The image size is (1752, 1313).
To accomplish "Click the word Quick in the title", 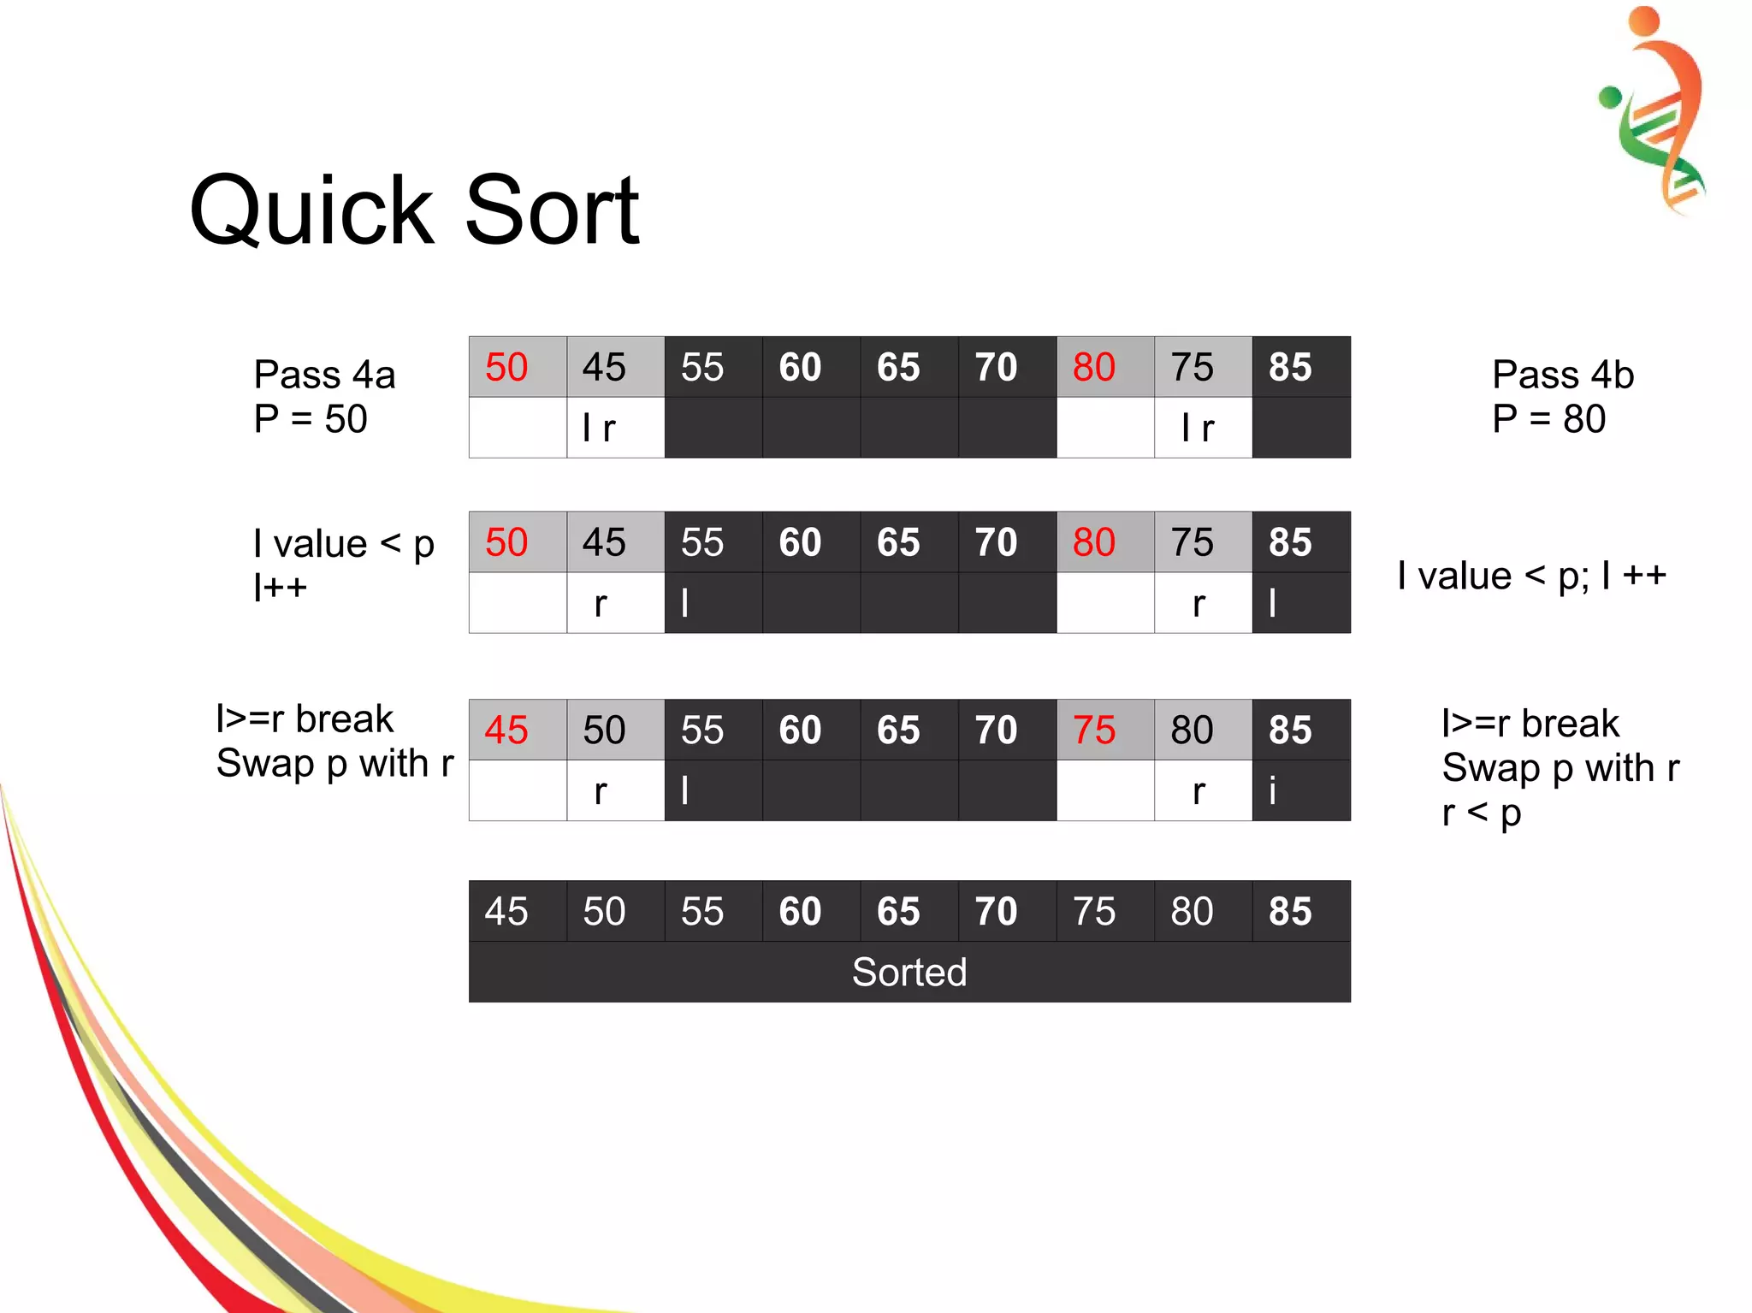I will click(311, 211).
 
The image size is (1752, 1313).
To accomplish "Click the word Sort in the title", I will click(552, 211).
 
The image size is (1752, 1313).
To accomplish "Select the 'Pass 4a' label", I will click(324, 375).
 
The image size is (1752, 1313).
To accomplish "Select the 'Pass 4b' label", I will click(1563, 375).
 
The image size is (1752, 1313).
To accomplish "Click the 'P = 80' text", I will click(1548, 419).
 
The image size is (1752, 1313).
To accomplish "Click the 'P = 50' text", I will click(311, 419).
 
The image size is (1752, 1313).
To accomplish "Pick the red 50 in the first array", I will click(506, 367).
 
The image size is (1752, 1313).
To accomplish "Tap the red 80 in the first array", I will click(1094, 367).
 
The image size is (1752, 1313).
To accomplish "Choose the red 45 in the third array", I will click(506, 730).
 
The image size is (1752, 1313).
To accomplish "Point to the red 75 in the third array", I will click(1094, 730).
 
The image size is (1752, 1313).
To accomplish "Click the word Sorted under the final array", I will click(909, 973).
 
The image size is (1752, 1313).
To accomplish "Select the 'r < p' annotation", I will click(1481, 813).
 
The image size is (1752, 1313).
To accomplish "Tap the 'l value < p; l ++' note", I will click(1531, 576).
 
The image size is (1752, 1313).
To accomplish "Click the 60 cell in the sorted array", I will click(800, 912).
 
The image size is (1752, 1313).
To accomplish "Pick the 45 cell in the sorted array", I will click(506, 912).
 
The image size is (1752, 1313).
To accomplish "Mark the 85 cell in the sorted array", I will click(1290, 912).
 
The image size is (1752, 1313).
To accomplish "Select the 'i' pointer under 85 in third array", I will click(1273, 791).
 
